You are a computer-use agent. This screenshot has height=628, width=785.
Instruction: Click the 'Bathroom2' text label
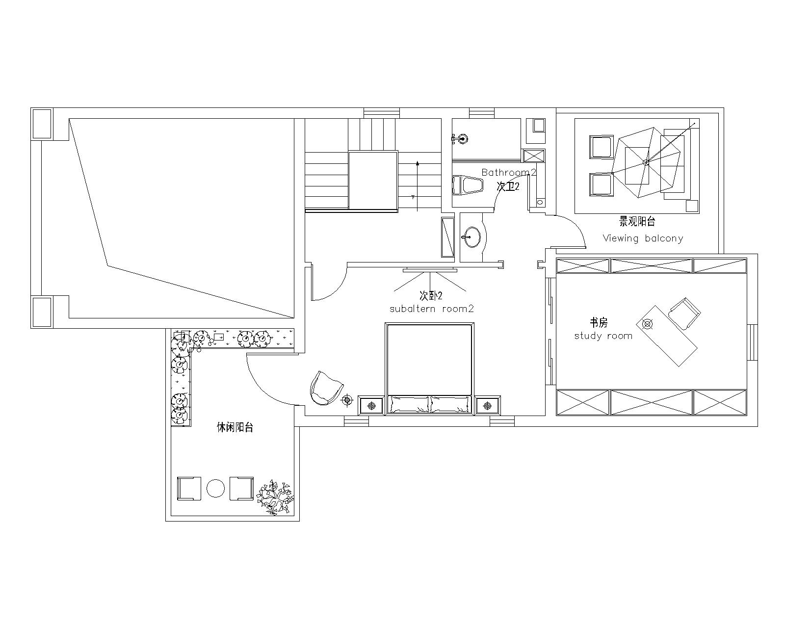[508, 172]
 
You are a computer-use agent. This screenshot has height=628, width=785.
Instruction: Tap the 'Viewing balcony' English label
[643, 238]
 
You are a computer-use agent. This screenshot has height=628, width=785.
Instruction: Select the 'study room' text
[603, 336]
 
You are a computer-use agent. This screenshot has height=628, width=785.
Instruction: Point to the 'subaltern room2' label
[432, 309]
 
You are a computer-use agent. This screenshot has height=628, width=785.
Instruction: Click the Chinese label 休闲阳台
[235, 427]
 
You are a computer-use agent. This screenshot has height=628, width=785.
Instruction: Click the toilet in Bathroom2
[467, 185]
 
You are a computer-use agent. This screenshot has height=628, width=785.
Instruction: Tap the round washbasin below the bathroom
[472, 237]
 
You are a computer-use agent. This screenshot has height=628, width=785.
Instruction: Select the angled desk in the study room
[667, 336]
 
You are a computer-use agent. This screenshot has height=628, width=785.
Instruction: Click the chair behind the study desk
[685, 314]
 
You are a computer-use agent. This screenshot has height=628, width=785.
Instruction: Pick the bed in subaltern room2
[430, 368]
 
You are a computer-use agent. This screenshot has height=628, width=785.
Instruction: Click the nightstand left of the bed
[371, 405]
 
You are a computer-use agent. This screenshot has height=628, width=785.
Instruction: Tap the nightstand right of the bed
[487, 405]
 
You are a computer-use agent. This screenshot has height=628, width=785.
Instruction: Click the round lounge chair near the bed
[326, 388]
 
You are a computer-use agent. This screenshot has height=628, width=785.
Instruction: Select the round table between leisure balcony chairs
[215, 488]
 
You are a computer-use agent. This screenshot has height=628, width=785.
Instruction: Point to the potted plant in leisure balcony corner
[275, 497]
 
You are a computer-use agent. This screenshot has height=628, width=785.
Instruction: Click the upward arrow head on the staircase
[418, 163]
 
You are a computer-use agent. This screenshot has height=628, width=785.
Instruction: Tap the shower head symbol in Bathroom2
[462, 139]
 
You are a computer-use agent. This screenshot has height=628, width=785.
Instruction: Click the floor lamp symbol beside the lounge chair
[347, 400]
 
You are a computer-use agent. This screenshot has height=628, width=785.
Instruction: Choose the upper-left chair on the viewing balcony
[601, 147]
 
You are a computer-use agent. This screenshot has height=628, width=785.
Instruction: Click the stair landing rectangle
[373, 180]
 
